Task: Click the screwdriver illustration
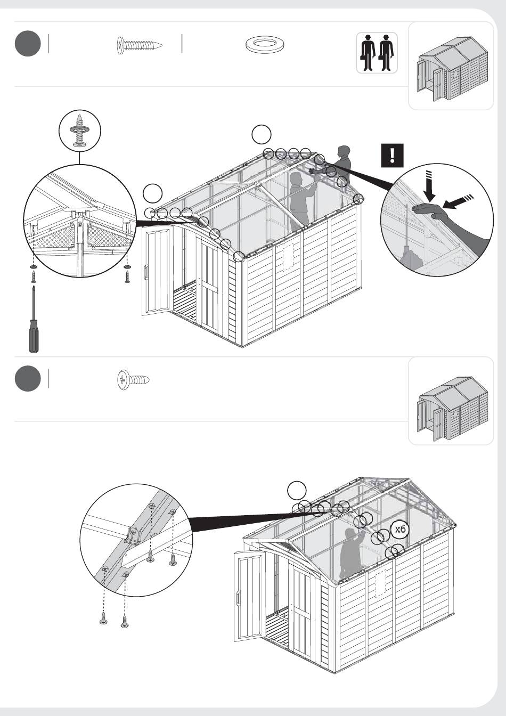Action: click(34, 320)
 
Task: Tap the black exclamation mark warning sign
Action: click(392, 156)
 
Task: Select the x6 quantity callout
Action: click(400, 530)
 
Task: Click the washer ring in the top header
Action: click(266, 44)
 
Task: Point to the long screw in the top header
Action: click(140, 45)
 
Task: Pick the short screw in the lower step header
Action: click(133, 380)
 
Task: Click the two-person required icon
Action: click(377, 53)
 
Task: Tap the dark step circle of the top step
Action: click(28, 44)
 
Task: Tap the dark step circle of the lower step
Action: click(28, 378)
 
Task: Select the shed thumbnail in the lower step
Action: click(453, 409)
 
